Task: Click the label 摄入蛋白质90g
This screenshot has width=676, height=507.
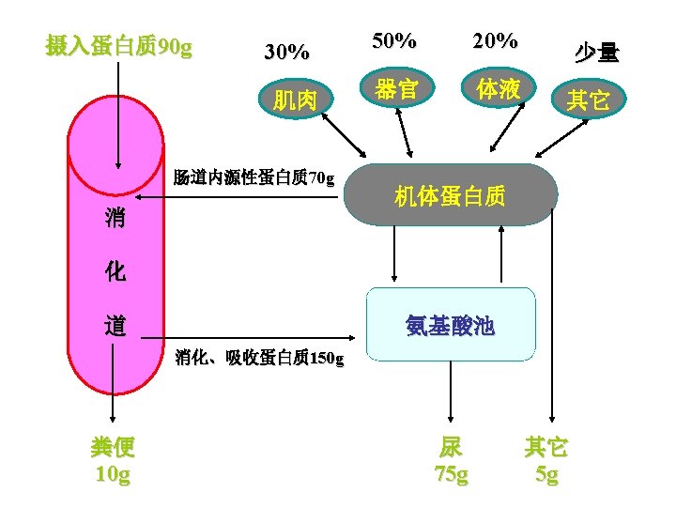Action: (119, 46)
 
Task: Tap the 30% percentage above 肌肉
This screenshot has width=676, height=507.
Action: (286, 53)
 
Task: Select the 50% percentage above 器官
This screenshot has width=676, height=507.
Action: (394, 41)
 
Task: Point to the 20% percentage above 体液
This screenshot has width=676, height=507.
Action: (495, 41)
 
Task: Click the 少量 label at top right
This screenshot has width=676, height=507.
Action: (597, 53)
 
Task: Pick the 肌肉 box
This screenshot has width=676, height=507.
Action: (294, 100)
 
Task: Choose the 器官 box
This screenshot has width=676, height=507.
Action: (396, 90)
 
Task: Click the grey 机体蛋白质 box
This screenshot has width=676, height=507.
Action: (451, 195)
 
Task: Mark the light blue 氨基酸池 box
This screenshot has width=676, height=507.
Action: (451, 325)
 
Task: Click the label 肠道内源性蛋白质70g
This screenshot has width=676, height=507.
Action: (253, 177)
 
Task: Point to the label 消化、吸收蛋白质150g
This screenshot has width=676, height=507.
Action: (259, 358)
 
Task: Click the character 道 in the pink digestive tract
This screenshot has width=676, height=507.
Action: (116, 327)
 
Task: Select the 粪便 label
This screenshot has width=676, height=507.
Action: (114, 447)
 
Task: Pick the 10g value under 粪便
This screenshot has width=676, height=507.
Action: (114, 475)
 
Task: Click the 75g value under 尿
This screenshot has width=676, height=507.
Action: (451, 475)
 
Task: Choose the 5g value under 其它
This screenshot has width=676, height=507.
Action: (546, 475)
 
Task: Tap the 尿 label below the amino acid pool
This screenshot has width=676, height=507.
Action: (451, 447)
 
